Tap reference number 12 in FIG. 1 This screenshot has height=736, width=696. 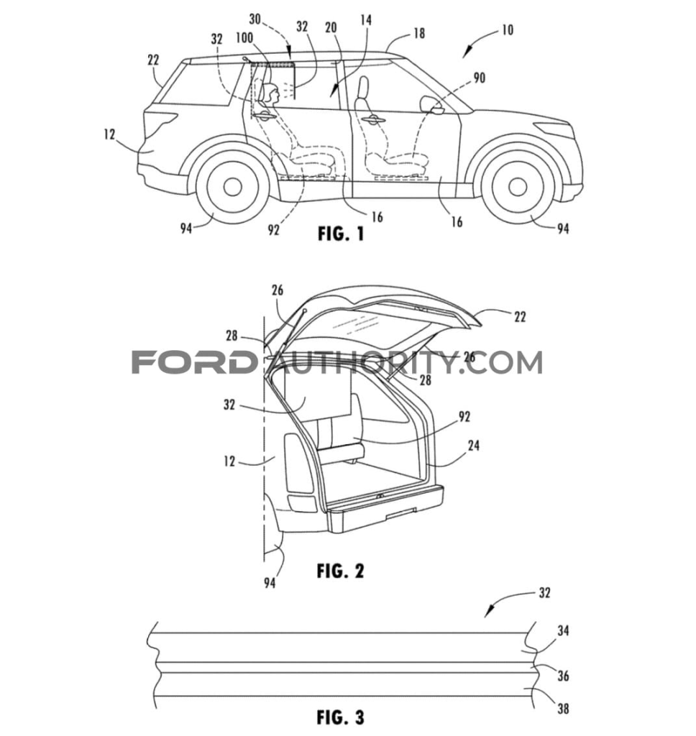point(109,135)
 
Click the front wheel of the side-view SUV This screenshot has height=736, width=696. point(516,185)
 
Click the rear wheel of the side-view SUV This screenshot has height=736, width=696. point(232,186)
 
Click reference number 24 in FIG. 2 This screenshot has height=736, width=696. point(473,446)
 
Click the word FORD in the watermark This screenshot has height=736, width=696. point(193,362)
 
